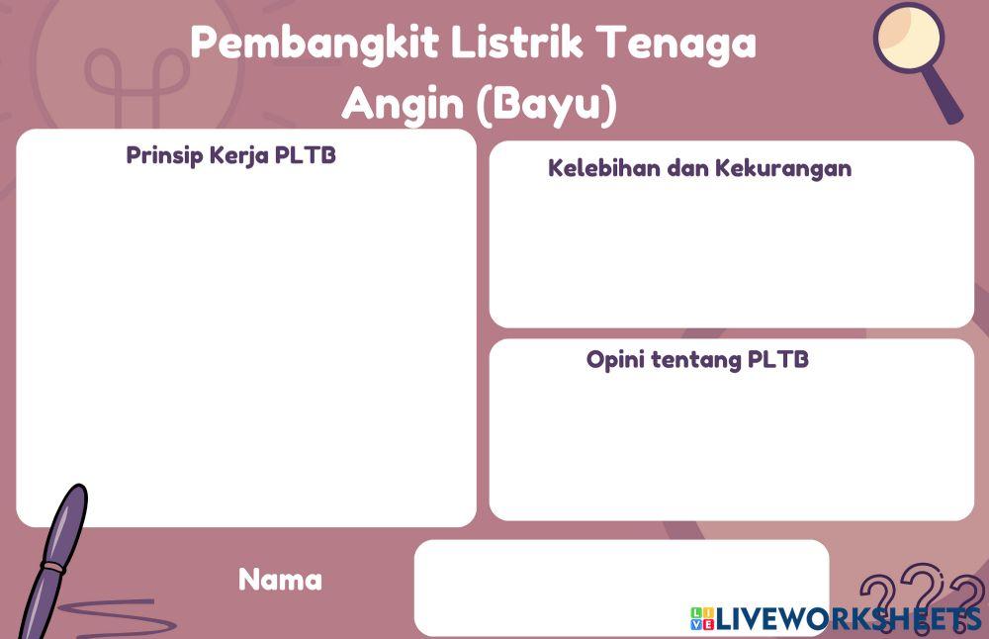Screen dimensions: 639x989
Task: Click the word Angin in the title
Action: click(403, 103)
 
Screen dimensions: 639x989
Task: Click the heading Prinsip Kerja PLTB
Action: click(230, 156)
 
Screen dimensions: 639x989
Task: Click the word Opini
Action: click(615, 359)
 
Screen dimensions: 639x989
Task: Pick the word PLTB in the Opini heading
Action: click(778, 359)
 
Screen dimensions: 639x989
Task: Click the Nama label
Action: click(280, 580)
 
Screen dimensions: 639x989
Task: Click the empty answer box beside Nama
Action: click(620, 588)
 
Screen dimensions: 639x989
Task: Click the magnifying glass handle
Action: click(945, 100)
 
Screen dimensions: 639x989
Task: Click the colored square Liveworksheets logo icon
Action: click(702, 619)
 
